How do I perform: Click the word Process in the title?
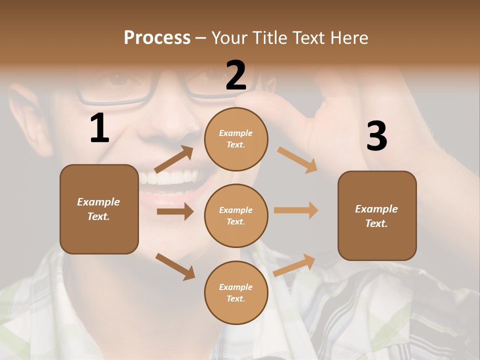coord(157,38)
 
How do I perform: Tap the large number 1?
coord(99,128)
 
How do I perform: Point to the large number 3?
coord(376,136)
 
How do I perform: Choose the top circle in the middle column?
coord(236,139)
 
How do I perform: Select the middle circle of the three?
coord(236,216)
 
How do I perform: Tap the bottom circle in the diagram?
coord(236,293)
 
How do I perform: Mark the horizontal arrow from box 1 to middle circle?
coord(175,211)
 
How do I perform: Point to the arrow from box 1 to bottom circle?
coord(175,266)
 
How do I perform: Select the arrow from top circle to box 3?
coord(297,159)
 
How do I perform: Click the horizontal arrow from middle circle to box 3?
coord(296,210)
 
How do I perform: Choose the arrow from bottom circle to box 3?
coord(294,265)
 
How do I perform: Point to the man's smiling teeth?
coord(167,178)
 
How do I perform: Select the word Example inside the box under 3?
coord(376,209)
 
